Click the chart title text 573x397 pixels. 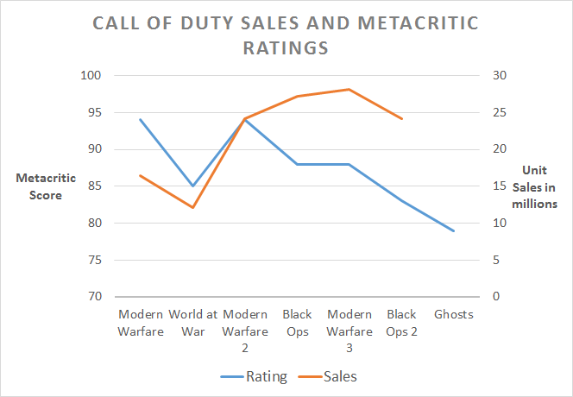pyautogui.click(x=286, y=35)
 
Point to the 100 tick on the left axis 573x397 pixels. pyautogui.click(x=91, y=76)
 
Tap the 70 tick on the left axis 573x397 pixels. pyautogui.click(x=94, y=297)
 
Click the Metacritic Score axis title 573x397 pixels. pyautogui.click(x=45, y=186)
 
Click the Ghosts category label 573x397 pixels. pyautogui.click(x=454, y=314)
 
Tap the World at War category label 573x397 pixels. pyautogui.click(x=192, y=322)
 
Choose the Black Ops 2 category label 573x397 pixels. pyautogui.click(x=402, y=322)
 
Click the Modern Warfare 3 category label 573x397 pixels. pyautogui.click(x=349, y=330)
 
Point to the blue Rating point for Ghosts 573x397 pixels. pyautogui.click(x=454, y=231)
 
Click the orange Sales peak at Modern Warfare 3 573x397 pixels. pyautogui.click(x=349, y=89)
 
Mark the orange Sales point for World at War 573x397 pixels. pyautogui.click(x=192, y=207)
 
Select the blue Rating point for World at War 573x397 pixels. pyautogui.click(x=192, y=186)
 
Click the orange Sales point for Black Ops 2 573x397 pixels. pyautogui.click(x=402, y=118)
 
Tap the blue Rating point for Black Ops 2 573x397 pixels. pyautogui.click(x=402, y=200)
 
